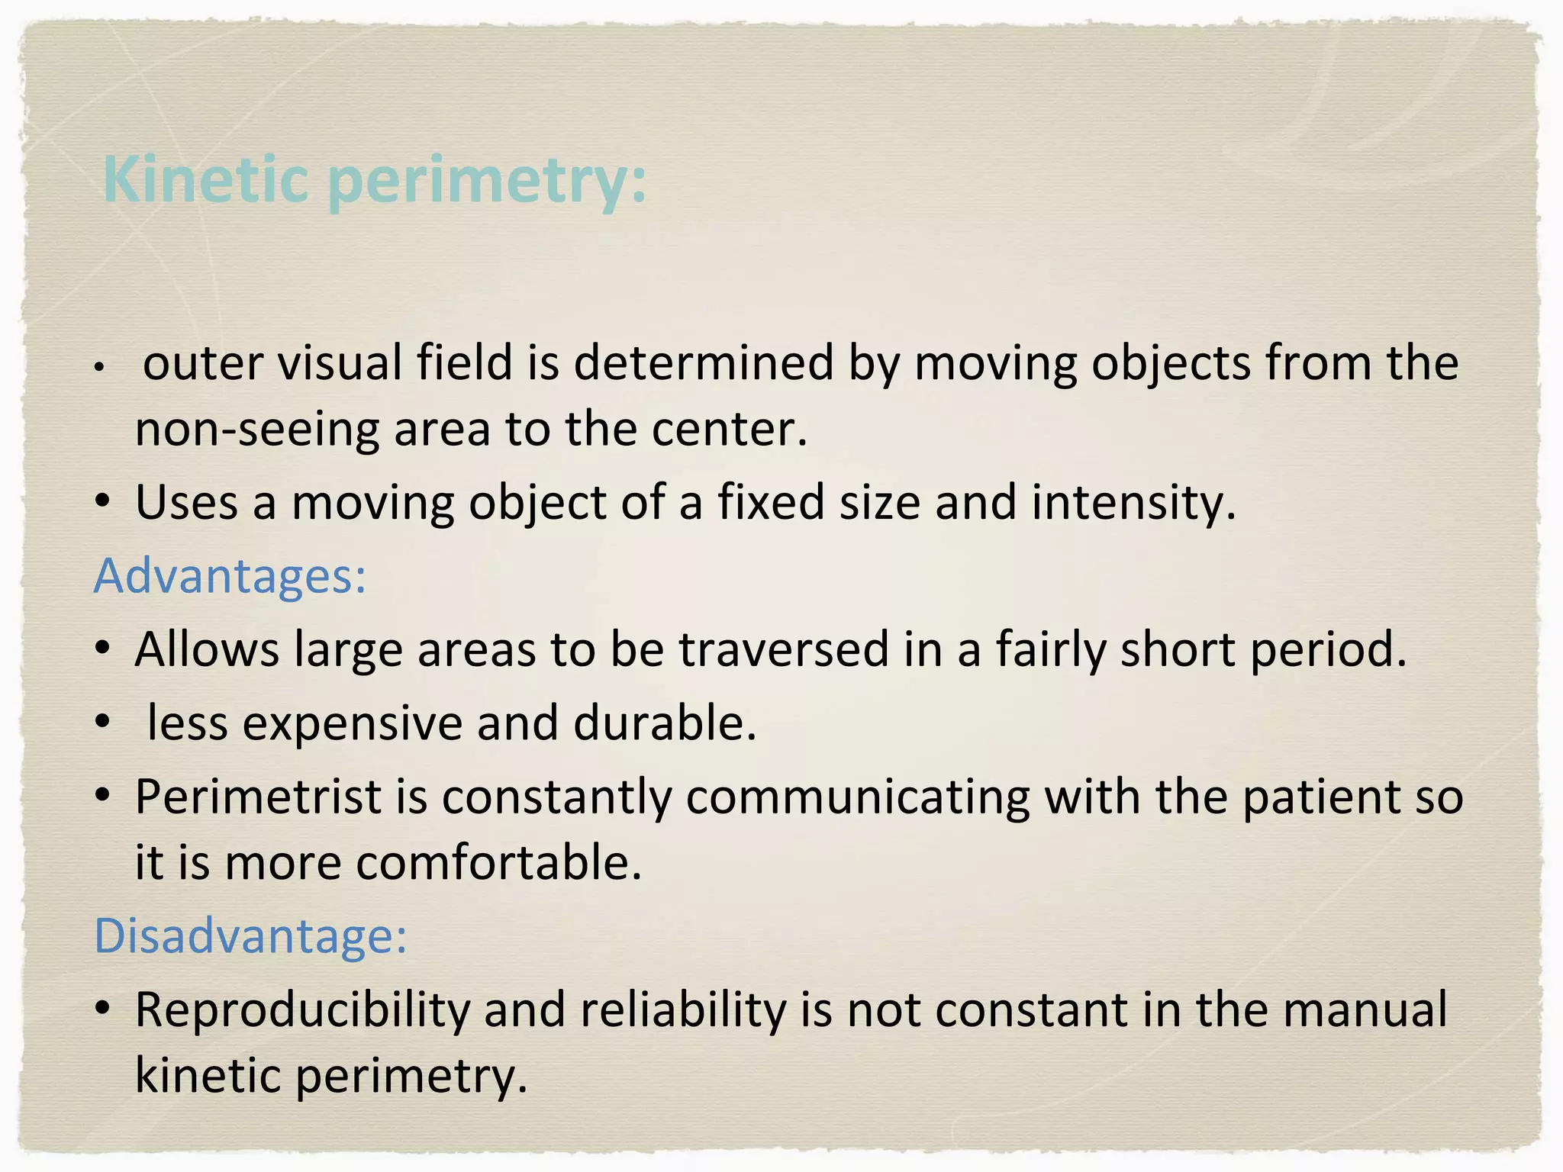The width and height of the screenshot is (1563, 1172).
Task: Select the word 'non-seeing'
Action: point(256,429)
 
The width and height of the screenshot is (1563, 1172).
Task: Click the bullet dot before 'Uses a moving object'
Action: point(103,502)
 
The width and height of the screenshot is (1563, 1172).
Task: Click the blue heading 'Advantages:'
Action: point(230,575)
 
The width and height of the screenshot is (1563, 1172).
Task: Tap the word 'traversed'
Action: point(784,649)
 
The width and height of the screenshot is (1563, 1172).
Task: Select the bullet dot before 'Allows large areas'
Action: point(103,649)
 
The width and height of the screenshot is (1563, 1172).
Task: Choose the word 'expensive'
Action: point(352,723)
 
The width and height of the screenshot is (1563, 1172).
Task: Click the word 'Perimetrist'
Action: point(258,797)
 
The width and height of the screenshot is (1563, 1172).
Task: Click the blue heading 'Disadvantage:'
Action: point(250,935)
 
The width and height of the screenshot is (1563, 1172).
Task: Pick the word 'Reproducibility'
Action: point(302,1009)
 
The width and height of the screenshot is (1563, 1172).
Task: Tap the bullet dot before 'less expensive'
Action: point(103,723)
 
